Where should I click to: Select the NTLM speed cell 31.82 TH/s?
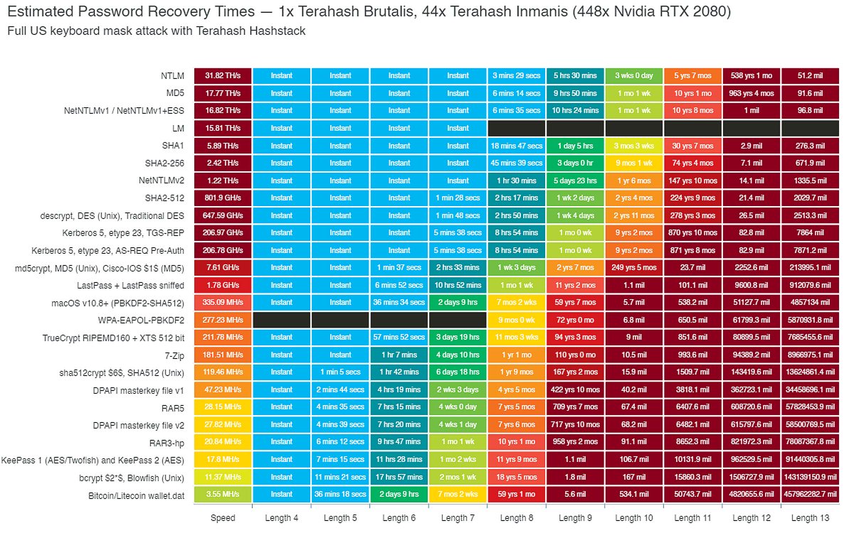tap(223, 75)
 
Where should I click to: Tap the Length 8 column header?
tap(517, 518)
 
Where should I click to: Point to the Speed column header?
tap(223, 518)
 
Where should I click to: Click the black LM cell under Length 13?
tap(811, 128)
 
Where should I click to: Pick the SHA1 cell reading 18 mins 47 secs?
tap(517, 146)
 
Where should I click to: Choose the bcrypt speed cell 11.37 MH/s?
tap(223, 478)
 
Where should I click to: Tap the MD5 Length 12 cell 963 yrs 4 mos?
tap(752, 93)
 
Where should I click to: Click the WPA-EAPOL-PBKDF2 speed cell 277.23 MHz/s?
tap(223, 320)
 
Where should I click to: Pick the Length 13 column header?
tap(811, 518)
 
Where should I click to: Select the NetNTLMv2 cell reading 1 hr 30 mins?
tap(517, 181)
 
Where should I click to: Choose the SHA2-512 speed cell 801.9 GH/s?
tap(223, 198)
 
